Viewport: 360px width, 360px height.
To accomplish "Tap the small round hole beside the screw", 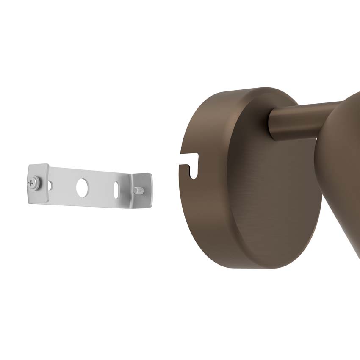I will tap(50, 185).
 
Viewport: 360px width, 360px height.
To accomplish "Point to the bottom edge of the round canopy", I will tap(254, 267).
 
